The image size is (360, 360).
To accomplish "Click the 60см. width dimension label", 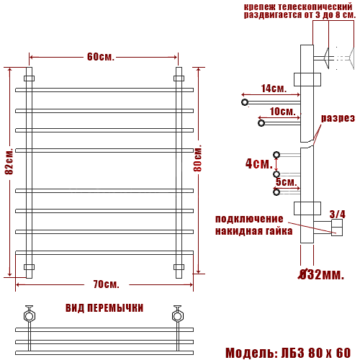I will point(101,57).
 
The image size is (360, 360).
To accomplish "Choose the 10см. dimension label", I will point(282,112).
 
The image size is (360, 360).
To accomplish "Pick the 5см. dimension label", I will point(286,181).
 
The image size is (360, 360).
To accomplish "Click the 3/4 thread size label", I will point(337,214).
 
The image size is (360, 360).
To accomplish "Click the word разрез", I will point(338,118).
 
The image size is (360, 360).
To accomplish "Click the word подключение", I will point(249,219).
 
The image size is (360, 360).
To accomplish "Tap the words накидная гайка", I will point(253,231).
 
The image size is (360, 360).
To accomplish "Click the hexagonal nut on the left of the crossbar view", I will point(29,315).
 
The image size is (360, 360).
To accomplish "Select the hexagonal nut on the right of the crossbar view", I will point(176,315).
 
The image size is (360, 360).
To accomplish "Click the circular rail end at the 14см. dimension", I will point(246,103).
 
